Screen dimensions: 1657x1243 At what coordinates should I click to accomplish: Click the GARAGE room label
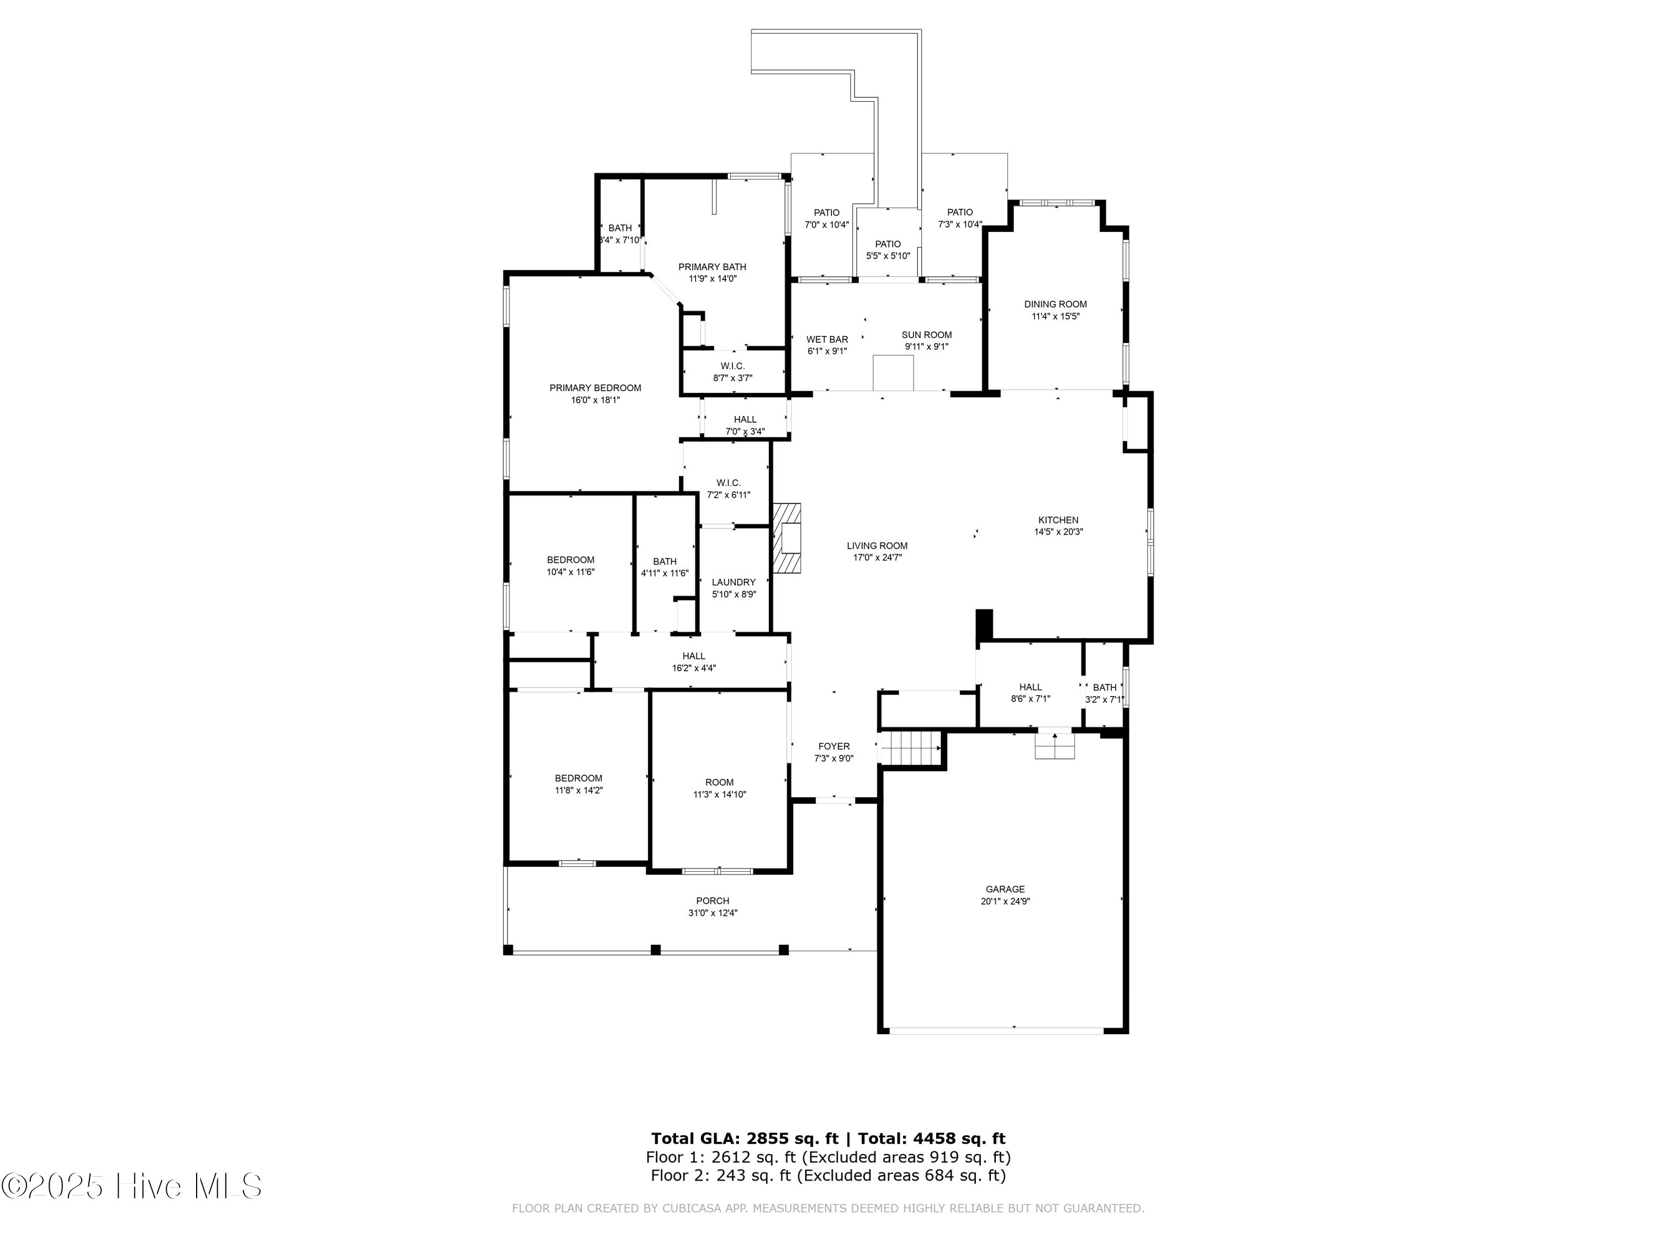(1005, 889)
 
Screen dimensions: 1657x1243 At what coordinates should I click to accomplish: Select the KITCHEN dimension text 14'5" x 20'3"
(1058, 532)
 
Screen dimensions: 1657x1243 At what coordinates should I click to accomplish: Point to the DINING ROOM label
(1056, 304)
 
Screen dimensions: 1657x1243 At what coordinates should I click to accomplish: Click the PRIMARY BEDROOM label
(595, 388)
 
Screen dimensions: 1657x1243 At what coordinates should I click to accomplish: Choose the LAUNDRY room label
(733, 582)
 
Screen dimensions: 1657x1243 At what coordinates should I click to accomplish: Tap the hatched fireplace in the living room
(787, 538)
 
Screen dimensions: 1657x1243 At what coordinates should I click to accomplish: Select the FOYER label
(833, 746)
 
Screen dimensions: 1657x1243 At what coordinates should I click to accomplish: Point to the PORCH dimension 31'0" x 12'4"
(713, 913)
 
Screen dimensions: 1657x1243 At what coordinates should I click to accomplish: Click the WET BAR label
(827, 339)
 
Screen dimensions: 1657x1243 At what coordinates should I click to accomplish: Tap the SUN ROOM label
(927, 335)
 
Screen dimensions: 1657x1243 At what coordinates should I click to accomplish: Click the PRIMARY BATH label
(713, 267)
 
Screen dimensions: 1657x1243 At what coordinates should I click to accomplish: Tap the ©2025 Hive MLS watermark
(131, 1186)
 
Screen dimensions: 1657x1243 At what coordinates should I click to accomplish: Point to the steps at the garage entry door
(1055, 745)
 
